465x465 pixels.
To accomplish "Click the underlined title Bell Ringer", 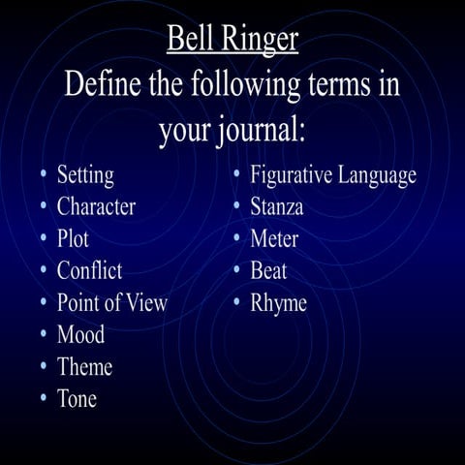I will [x=232, y=39].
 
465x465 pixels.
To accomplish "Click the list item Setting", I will [x=85, y=175].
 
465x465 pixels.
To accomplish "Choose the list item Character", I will [x=96, y=206].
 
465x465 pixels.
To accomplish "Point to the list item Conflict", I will [x=89, y=270].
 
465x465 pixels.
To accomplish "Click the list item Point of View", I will [x=111, y=302].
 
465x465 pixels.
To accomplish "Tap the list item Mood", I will [x=80, y=335].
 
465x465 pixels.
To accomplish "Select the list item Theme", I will [x=84, y=367].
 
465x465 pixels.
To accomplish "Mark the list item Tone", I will [x=77, y=398].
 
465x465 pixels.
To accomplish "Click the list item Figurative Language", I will [x=333, y=175].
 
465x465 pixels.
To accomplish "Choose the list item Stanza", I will [x=276, y=206].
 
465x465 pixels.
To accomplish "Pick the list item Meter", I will [x=274, y=238].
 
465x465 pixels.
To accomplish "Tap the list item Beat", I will [x=268, y=270].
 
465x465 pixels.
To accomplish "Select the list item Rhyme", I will [x=278, y=302].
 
